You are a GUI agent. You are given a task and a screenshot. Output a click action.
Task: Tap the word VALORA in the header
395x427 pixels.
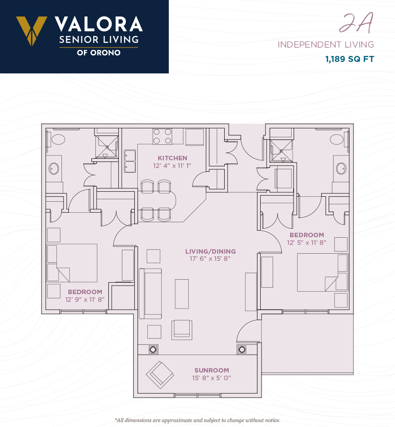coord(99,24)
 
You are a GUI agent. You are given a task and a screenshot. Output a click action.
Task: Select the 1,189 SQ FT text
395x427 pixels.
coord(350,59)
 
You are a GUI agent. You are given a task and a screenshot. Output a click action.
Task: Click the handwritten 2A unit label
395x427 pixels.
coord(357,23)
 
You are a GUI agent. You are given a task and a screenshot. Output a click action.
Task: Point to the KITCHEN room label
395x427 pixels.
coord(173,158)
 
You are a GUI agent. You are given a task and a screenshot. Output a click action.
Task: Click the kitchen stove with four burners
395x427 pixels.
coord(162,136)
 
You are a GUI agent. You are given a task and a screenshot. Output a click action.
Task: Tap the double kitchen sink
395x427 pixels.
coord(130,161)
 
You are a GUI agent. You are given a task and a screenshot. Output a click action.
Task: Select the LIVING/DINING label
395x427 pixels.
coord(210,251)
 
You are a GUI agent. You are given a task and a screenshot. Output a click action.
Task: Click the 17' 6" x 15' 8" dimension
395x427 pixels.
coord(210,258)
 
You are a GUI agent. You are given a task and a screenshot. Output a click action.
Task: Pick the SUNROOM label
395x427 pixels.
coord(212,371)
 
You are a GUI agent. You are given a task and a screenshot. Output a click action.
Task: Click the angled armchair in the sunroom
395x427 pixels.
coord(160,375)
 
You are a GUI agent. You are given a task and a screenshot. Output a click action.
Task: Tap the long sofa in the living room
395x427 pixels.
coord(150,294)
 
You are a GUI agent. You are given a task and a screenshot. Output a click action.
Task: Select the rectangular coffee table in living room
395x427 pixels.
coord(182,294)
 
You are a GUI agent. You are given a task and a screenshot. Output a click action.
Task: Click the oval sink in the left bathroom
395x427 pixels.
coord(53,169)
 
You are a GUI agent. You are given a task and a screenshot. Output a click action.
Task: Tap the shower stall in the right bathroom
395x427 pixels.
coord(282,151)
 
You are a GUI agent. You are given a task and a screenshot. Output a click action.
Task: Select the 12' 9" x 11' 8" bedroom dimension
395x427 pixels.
coord(85,300)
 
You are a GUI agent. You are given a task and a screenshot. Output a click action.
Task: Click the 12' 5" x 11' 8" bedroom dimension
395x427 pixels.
coord(307,242)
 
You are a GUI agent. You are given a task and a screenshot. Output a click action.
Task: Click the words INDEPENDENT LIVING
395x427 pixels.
coord(326,44)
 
